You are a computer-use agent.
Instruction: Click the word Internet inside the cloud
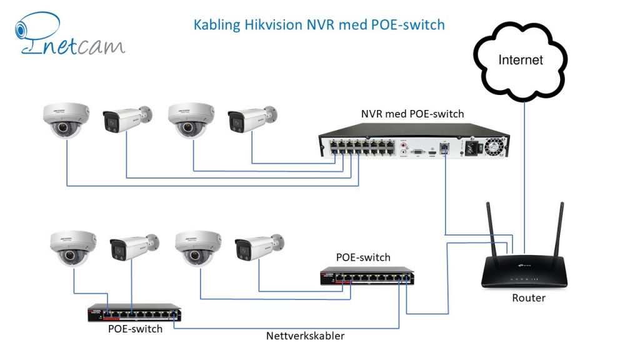[521, 60]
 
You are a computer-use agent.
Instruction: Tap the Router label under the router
[529, 298]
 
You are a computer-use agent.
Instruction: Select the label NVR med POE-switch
[412, 114]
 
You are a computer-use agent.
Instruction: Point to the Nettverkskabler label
[306, 336]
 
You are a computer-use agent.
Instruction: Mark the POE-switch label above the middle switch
[363, 257]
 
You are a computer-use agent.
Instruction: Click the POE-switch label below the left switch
[134, 329]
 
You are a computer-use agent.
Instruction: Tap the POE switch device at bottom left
[134, 313]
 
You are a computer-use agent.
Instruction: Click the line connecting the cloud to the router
[524, 169]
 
